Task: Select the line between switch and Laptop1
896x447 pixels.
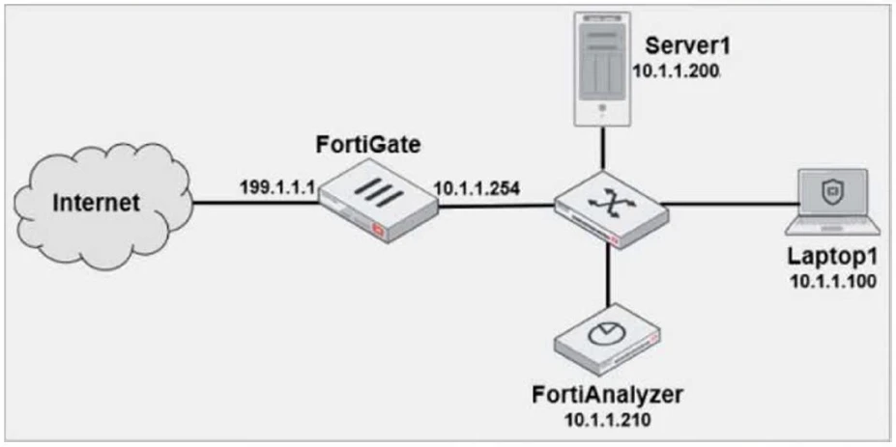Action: [725, 204]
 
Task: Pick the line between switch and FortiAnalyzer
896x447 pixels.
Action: [608, 274]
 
